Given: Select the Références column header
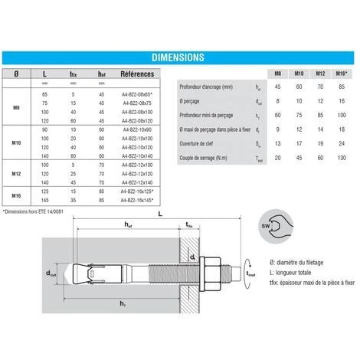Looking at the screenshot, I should [138, 74].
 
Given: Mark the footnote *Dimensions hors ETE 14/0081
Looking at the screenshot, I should [35, 211].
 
